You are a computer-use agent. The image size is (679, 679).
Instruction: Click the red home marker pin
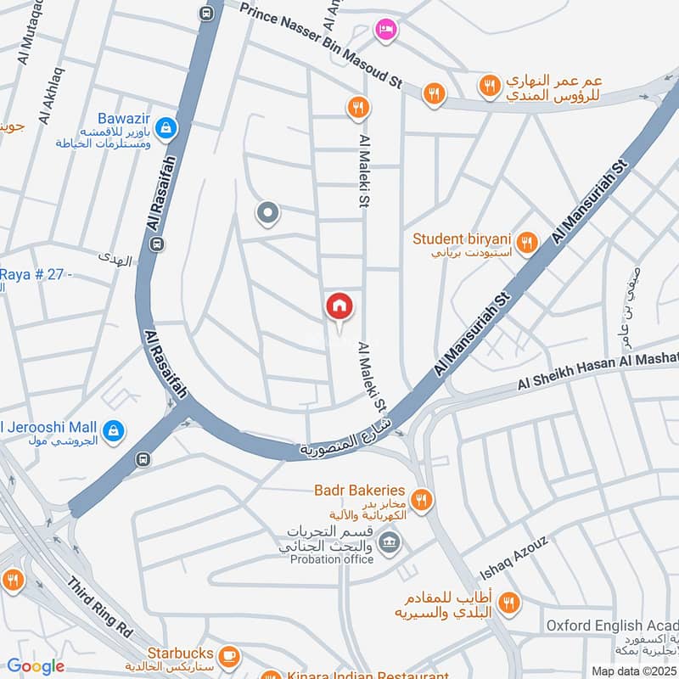pyautogui.click(x=339, y=306)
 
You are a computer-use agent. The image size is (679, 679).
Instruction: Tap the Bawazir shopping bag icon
pyautogui.click(x=166, y=128)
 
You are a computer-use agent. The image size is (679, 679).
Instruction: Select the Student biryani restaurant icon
pyautogui.click(x=527, y=244)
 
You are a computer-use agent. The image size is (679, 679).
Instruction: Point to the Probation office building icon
pyautogui.click(x=390, y=542)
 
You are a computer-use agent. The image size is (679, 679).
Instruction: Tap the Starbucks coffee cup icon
pyautogui.click(x=227, y=655)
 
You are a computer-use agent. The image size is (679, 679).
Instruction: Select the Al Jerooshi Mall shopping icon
pyautogui.click(x=114, y=432)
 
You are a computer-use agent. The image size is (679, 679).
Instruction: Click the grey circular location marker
pyautogui.click(x=267, y=214)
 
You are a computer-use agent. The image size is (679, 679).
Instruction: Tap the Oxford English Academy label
pyautogui.click(x=611, y=626)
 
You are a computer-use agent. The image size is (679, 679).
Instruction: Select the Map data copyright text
pyautogui.click(x=633, y=671)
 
